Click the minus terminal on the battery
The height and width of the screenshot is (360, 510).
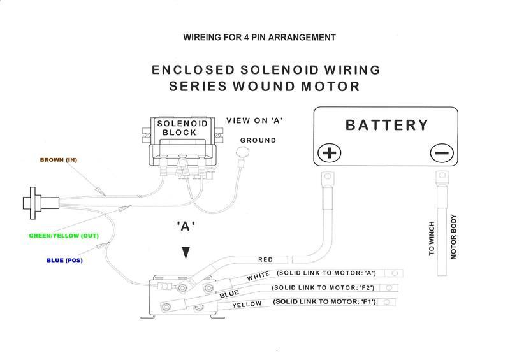[441, 153]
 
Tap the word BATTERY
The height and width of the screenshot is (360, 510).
[386, 125]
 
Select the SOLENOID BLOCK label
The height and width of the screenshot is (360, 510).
[179, 127]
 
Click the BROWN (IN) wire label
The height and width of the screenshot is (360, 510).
[58, 159]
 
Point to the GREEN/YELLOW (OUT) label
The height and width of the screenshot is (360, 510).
[63, 236]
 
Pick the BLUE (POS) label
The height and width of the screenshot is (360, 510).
[64, 260]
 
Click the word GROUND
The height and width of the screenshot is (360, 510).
[258, 140]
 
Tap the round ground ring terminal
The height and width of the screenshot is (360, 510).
[241, 152]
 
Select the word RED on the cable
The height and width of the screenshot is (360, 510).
[265, 259]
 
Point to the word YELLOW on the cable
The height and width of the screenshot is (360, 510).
[248, 305]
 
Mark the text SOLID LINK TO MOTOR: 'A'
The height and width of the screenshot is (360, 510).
[326, 273]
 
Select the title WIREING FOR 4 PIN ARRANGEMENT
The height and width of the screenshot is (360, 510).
[259, 38]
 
